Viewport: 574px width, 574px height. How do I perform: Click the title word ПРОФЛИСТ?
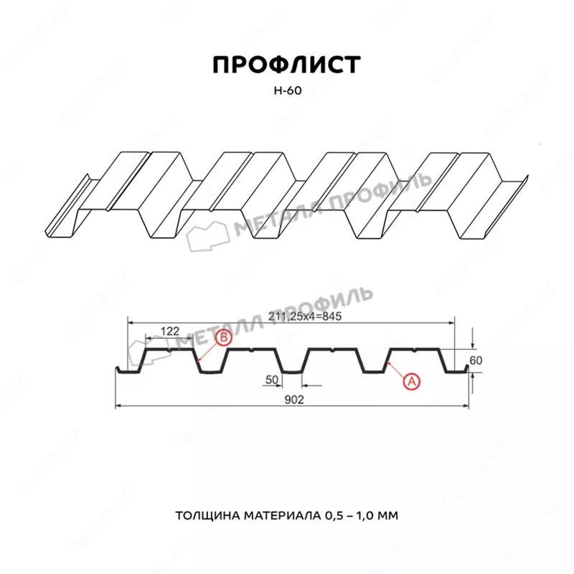coord(286,65)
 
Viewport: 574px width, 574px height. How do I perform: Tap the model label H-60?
coord(286,91)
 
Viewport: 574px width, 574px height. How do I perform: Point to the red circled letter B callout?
coord(223,337)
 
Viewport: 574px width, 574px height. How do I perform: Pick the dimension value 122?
coord(169,331)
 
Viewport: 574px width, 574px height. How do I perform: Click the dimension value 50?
coord(271,378)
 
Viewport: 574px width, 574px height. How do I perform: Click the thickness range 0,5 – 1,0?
coord(352,516)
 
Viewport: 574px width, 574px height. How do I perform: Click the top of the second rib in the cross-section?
coord(252,351)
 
